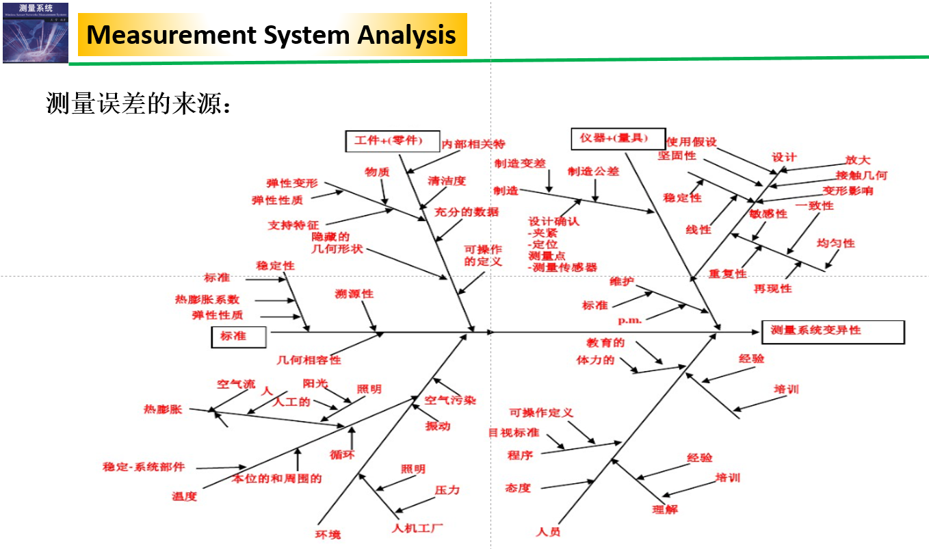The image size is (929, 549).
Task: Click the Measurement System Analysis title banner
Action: [x=272, y=34]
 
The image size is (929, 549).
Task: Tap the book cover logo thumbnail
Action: [x=36, y=32]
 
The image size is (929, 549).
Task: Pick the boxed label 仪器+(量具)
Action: [x=608, y=138]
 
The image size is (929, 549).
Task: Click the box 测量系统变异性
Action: [x=833, y=331]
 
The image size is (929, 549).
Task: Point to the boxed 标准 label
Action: [x=238, y=337]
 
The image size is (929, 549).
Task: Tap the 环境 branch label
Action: [x=328, y=535]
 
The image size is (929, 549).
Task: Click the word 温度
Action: [x=184, y=496]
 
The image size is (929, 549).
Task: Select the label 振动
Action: [x=438, y=426]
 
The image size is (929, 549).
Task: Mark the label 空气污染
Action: [x=450, y=400]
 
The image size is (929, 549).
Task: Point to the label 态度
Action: [x=518, y=488]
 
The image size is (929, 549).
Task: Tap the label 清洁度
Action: [x=447, y=181]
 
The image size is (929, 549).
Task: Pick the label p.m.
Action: [x=630, y=320]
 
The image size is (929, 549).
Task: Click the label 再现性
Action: [x=772, y=288]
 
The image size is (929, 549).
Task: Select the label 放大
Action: [x=857, y=160]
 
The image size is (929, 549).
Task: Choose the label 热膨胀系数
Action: [x=207, y=299]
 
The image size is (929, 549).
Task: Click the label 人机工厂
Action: [x=418, y=528]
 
